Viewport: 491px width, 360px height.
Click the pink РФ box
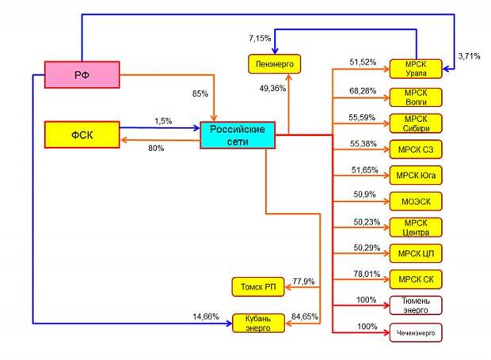82,74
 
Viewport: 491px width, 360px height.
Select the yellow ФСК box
82,135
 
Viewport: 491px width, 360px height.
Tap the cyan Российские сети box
238,135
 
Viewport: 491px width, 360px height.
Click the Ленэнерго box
274,64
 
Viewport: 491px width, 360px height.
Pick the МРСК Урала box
416,69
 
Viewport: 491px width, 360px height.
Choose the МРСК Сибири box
416,123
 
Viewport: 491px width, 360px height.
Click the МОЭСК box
416,202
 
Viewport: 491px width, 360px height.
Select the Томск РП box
258,286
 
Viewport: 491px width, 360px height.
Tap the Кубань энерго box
258,323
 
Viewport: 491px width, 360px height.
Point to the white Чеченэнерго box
416,333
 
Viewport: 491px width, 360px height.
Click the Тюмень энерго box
416,305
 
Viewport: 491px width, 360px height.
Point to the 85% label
200,93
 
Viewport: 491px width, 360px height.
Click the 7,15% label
260,39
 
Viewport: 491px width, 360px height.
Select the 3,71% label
469,56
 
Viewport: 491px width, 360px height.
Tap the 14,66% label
206,316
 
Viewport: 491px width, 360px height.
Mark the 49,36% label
272,89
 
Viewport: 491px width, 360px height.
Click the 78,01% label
367,274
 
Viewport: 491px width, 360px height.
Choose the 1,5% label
163,121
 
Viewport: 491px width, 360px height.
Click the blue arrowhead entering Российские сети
196,128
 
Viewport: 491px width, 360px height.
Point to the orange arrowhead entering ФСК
124,140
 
